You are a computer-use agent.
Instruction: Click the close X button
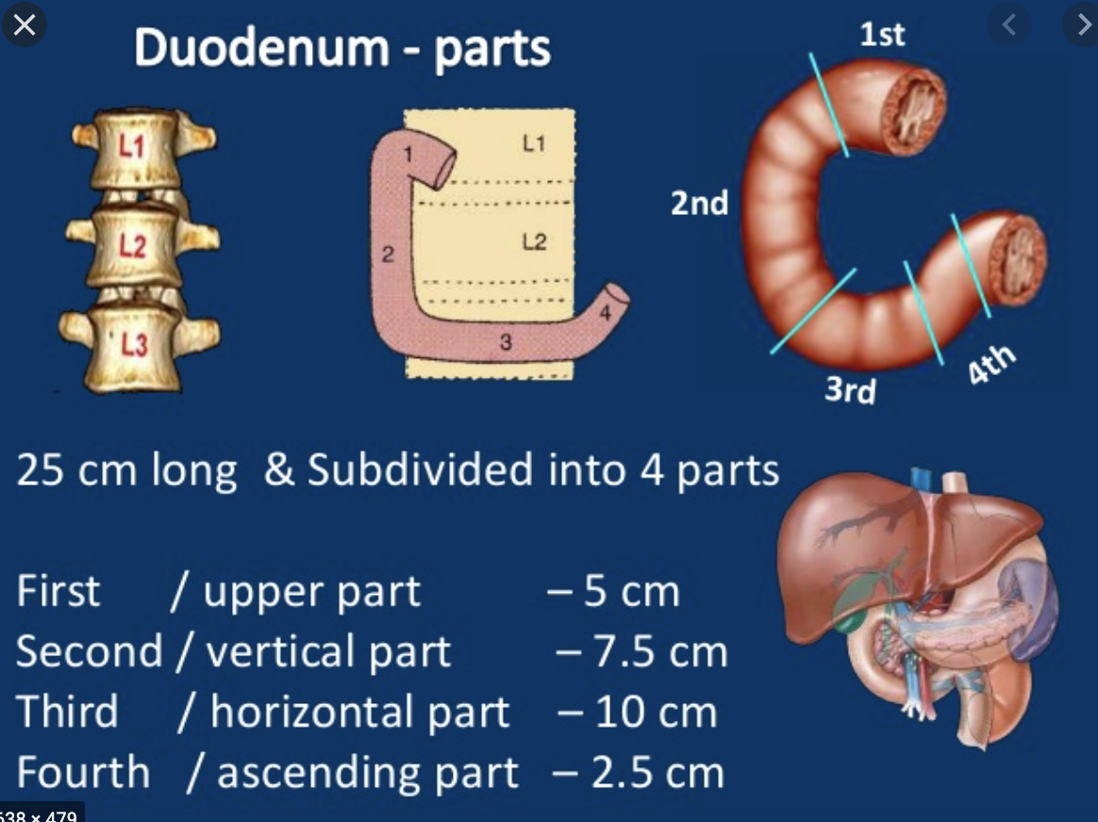click(x=24, y=25)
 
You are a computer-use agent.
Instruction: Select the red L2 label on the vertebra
click(x=132, y=247)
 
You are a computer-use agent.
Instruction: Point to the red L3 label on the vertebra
click(x=134, y=345)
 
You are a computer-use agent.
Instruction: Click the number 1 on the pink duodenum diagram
click(x=408, y=154)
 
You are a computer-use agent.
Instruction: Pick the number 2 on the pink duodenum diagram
click(x=387, y=253)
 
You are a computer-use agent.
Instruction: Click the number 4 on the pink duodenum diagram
click(x=605, y=311)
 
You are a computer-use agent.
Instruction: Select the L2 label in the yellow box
click(x=534, y=242)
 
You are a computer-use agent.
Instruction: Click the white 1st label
click(x=882, y=34)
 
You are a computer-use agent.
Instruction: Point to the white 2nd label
click(x=700, y=203)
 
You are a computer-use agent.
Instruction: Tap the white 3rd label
click(x=850, y=388)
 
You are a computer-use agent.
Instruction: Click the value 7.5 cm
click(x=659, y=651)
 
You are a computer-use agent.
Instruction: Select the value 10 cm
click(x=656, y=712)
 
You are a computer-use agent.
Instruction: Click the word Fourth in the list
click(x=83, y=772)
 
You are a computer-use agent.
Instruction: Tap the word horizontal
click(x=359, y=712)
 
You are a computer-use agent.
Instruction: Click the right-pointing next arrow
click(x=1081, y=25)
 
